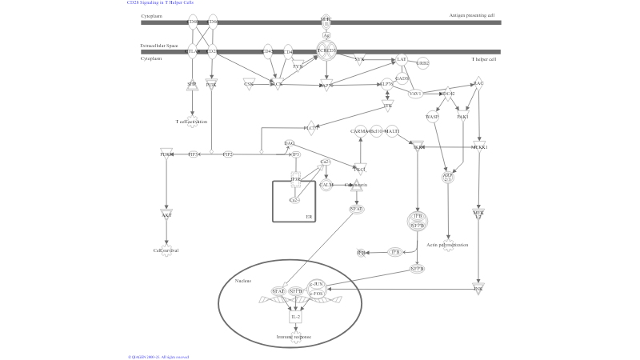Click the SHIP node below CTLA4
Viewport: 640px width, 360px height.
click(192, 84)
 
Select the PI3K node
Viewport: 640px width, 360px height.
click(211, 84)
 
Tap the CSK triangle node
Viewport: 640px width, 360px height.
click(249, 82)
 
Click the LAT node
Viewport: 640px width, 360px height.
click(402, 59)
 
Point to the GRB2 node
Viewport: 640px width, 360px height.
click(422, 62)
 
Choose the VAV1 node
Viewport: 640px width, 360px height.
click(415, 94)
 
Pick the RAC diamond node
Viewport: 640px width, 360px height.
click(478, 82)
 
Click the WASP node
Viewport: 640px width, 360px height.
click(432, 117)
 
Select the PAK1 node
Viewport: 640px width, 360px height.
click(462, 117)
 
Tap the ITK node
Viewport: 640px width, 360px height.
click(388, 105)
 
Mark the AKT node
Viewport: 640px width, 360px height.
click(166, 214)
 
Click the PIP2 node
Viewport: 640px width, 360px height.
click(228, 154)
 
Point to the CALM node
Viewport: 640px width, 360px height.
click(326, 185)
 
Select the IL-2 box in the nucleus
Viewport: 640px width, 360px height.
click(295, 317)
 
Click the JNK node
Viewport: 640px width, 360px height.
click(478, 288)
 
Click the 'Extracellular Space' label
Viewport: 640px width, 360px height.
click(159, 46)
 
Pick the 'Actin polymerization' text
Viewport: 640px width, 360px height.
click(447, 245)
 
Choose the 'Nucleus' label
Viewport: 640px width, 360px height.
click(243, 281)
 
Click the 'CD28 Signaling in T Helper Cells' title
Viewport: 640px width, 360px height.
click(160, 3)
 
